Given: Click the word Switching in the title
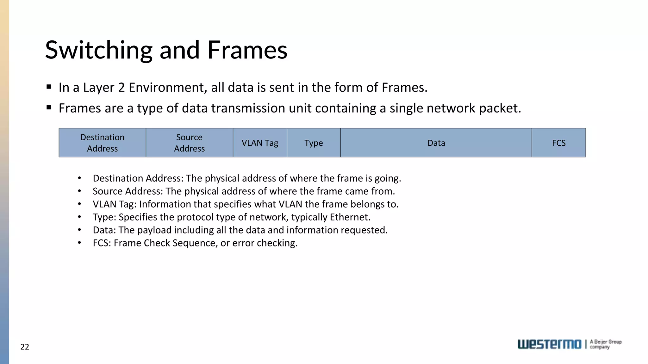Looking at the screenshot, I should pos(99,50).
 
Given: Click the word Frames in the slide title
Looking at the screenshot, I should pos(247,50).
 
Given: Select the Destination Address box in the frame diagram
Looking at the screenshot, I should pos(102,143).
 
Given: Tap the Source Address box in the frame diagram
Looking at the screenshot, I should pos(189,143).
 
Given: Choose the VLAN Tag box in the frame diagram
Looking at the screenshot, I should pos(260,143).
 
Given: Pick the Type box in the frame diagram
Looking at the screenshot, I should pos(314,143).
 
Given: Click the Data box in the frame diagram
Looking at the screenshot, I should pos(436,143).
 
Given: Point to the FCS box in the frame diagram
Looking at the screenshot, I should pos(559,143).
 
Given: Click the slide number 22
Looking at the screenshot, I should pos(25,347).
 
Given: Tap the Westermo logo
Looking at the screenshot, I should pos(549,344).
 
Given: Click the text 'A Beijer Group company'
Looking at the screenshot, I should pos(606,344).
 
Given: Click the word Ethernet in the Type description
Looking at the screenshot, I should pos(350,217).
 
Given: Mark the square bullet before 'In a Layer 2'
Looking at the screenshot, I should pos(49,87).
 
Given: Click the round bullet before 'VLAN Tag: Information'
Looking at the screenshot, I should pos(79,204).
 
